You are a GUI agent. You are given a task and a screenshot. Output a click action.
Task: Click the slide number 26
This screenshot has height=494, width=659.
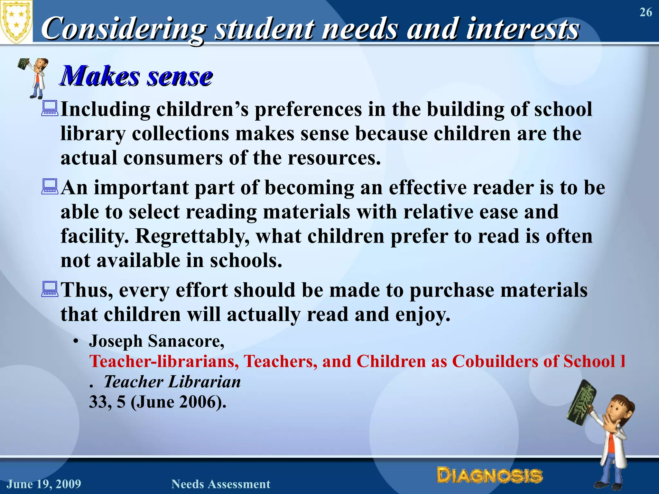pos(645,13)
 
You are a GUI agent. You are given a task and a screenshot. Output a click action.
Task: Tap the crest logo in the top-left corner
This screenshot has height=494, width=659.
pos(16,22)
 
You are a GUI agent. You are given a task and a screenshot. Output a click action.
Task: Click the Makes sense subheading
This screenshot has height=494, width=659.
pos(137,76)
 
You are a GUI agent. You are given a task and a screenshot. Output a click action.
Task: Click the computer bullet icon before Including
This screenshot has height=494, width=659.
pos(50,108)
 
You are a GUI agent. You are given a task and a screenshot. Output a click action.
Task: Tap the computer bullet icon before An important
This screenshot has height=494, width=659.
pos(50,187)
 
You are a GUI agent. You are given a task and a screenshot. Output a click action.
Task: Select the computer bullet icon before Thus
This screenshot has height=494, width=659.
pos(50,289)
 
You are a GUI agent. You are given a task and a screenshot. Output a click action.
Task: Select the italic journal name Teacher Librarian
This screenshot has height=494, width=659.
pos(172,382)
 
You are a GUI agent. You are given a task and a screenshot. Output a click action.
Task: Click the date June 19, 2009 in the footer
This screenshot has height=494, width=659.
pos(44,484)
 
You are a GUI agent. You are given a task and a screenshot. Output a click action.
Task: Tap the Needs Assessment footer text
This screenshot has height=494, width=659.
pos(221,484)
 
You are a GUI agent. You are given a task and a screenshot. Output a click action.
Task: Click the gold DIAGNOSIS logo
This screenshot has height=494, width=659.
pos(489,476)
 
